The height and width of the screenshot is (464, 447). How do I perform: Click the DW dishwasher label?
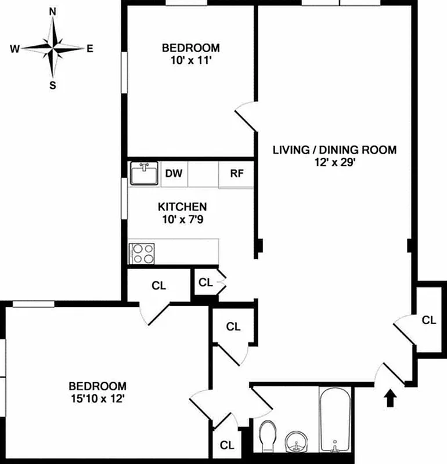(x=174, y=173)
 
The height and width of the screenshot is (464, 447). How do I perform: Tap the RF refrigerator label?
(x=236, y=173)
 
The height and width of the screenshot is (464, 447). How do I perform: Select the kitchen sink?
(x=144, y=173)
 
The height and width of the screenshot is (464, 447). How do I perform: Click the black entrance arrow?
(x=391, y=399)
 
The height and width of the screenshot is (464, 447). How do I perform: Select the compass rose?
(x=53, y=49)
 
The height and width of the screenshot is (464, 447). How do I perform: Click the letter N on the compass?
(x=53, y=12)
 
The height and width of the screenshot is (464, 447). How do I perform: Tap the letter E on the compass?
(x=90, y=49)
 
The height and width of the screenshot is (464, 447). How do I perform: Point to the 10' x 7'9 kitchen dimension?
(x=182, y=219)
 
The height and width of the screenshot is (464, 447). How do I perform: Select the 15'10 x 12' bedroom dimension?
(x=98, y=398)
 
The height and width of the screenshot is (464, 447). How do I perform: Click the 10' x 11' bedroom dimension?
(x=190, y=60)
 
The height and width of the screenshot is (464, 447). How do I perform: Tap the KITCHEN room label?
(x=182, y=206)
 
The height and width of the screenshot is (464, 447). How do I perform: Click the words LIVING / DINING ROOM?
(x=335, y=150)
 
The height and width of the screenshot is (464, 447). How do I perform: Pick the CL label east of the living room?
(x=429, y=320)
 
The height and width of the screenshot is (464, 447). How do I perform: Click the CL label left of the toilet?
(x=227, y=445)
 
